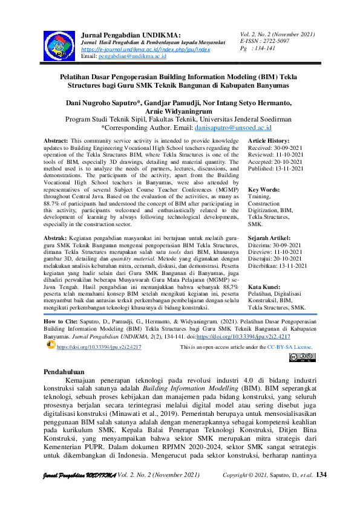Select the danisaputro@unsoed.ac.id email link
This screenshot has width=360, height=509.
coord(233,128)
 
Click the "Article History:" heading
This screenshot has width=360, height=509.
coord(269,140)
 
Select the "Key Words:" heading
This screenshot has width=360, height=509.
coord(264,190)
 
